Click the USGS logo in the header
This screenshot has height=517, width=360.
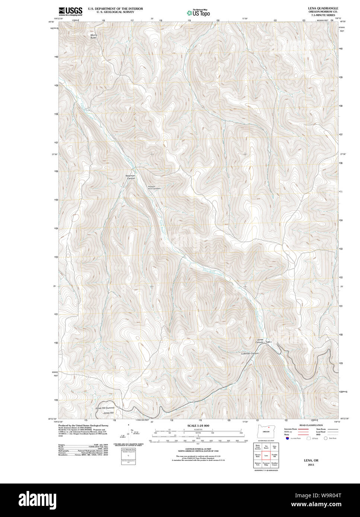[70, 11]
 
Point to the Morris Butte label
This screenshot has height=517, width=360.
[93, 36]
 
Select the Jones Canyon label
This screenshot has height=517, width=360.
[260, 340]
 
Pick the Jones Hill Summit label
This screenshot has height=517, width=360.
[105, 408]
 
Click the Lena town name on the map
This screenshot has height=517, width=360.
[270, 342]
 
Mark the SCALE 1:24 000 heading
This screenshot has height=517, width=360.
[198, 426]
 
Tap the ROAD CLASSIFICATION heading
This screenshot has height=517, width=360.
[311, 425]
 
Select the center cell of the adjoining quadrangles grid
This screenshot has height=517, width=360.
[266, 455]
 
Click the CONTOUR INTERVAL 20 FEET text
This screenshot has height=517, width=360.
[198, 449]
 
